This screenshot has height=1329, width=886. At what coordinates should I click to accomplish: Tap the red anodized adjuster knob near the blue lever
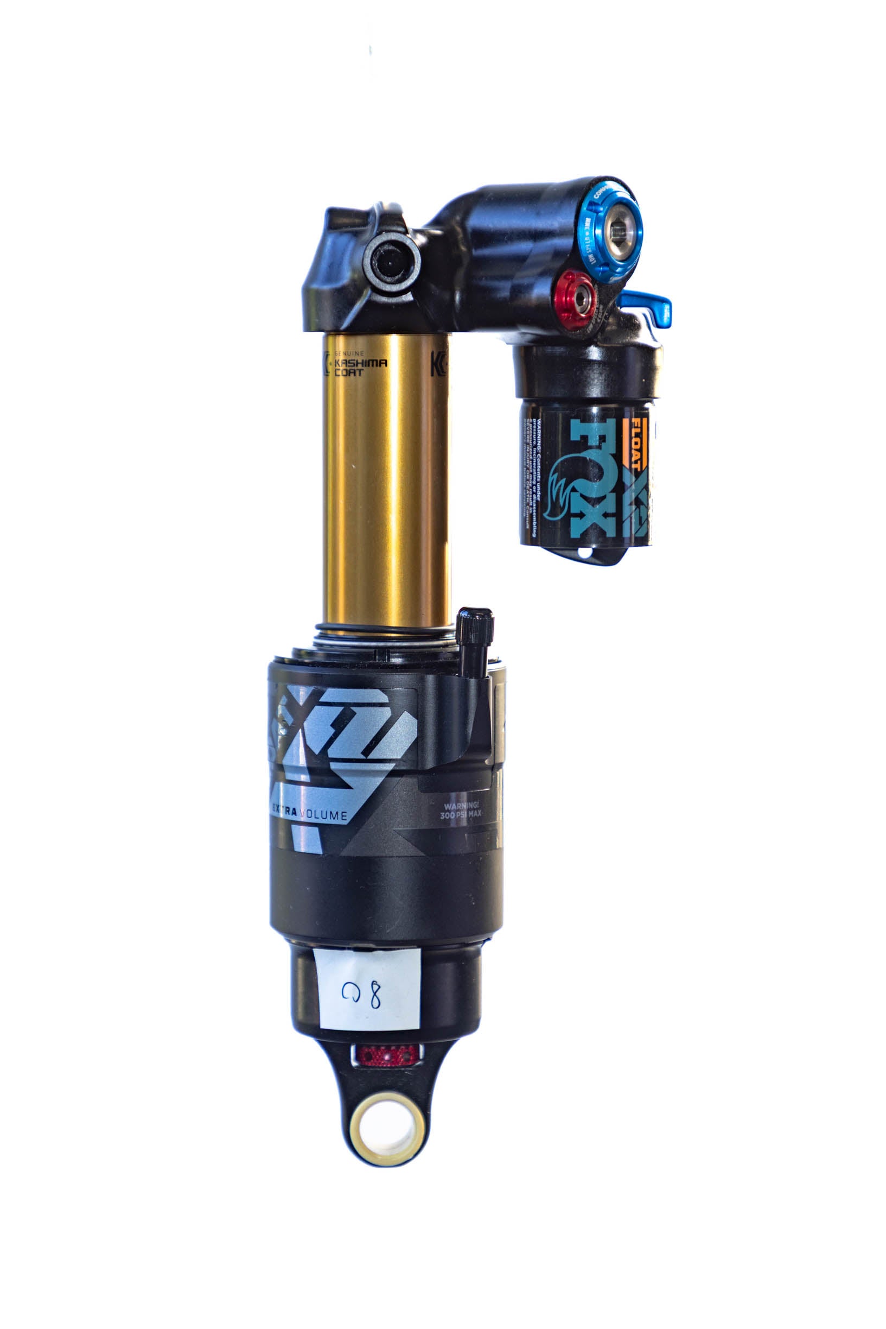[x=576, y=299]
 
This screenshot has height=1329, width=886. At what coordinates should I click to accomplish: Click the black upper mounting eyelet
[x=391, y=261]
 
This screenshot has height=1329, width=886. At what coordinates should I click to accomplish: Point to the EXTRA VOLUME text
[x=311, y=815]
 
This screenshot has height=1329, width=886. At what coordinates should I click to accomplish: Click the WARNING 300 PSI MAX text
[x=461, y=811]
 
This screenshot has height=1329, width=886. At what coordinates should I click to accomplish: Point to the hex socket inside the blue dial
[x=617, y=231]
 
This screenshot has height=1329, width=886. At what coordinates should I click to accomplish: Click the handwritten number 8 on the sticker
[x=374, y=995]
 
